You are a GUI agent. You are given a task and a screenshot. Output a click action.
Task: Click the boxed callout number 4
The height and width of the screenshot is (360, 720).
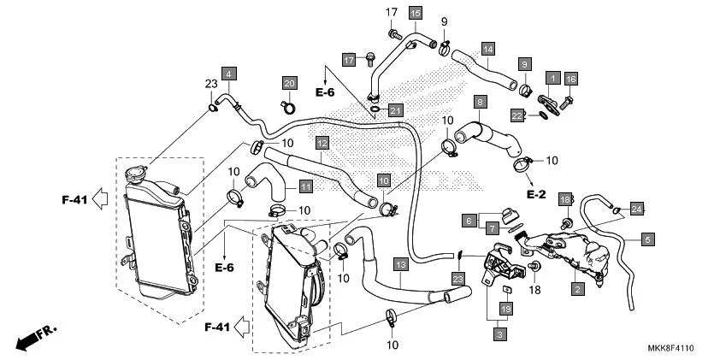click(229, 74)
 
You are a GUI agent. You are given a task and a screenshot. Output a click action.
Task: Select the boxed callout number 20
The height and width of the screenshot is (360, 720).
click(289, 83)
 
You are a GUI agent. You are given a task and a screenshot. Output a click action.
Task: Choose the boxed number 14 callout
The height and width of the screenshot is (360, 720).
click(487, 49)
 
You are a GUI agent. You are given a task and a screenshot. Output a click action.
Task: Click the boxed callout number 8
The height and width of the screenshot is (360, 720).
click(481, 103)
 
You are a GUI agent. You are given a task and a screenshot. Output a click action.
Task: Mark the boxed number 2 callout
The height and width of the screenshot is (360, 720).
click(578, 290)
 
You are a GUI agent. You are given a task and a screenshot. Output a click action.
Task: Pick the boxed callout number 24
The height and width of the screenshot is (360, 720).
click(636, 209)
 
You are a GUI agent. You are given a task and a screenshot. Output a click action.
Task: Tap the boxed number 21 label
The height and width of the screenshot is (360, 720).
click(394, 110)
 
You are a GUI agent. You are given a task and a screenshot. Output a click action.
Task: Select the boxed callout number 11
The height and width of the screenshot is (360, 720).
click(305, 186)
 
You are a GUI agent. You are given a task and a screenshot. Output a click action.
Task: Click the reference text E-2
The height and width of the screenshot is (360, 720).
click(535, 195)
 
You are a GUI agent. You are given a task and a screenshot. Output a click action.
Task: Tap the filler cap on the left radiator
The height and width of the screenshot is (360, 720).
click(136, 175)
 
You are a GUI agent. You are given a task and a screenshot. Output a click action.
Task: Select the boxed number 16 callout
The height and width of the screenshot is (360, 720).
click(570, 79)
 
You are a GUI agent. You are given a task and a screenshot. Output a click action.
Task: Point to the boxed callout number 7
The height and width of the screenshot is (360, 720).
click(492, 228)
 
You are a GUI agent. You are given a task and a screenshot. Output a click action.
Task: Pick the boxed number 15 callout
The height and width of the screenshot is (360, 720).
click(415, 14)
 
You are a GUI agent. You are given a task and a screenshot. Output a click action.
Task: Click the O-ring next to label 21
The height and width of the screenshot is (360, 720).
click(376, 109)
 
